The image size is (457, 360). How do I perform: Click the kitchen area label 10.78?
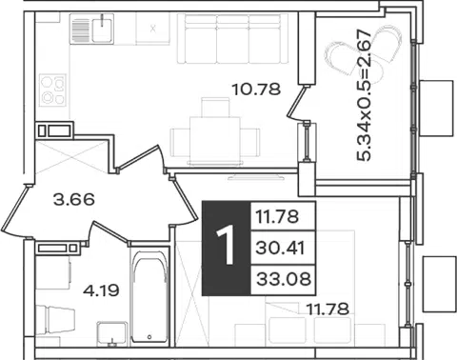tap(256, 90)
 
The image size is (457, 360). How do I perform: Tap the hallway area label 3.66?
tap(74, 200)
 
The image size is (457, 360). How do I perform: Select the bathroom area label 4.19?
tap(101, 290)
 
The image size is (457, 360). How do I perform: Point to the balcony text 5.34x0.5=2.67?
tap(364, 95)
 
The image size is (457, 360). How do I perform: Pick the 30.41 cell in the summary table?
tap(280, 248)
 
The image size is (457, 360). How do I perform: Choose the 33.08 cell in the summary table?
tap(284, 279)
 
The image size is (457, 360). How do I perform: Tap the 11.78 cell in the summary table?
tap(277, 217)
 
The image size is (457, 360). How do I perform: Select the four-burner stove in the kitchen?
tap(52, 90)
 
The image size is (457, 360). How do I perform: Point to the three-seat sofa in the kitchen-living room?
tap(232, 39)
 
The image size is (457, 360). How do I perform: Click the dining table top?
tap(215, 139)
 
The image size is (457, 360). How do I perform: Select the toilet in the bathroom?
tap(55, 320)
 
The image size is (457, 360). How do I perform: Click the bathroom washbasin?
tap(111, 333)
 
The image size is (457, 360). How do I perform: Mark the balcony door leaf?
tap(297, 102)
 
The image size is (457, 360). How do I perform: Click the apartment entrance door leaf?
tap(15, 210)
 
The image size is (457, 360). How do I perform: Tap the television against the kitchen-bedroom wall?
tap(256, 176)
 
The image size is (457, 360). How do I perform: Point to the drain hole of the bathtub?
tap(149, 336)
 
